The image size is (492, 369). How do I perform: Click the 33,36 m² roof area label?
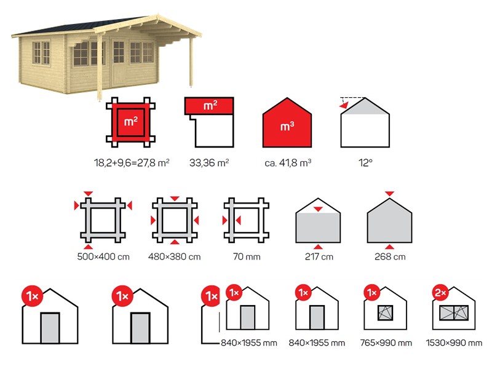[209, 163]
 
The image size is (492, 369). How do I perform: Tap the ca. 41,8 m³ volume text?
[288, 163]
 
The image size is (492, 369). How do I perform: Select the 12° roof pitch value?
[365, 163]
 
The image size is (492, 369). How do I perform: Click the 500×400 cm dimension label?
[103, 256]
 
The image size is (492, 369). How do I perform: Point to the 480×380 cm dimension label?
[175, 256]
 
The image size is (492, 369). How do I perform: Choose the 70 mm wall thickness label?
[247, 256]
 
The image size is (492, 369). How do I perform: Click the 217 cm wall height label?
[319, 256]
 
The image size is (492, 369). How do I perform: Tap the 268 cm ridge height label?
[390, 256]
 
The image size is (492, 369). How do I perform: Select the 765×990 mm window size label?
[386, 343]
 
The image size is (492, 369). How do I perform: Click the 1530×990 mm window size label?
[454, 343]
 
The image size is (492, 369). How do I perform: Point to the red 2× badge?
[440, 293]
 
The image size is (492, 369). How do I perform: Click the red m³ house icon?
[287, 122]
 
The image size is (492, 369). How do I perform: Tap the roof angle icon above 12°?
[365, 122]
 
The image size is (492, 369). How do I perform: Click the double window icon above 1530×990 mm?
[454, 313]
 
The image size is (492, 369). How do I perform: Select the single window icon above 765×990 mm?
[386, 313]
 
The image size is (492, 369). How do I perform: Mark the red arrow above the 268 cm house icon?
[389, 194]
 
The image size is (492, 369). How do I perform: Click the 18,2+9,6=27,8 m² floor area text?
[132, 163]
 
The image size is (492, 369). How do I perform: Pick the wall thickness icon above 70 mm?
[246, 220]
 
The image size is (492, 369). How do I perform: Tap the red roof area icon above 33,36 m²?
[209, 106]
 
